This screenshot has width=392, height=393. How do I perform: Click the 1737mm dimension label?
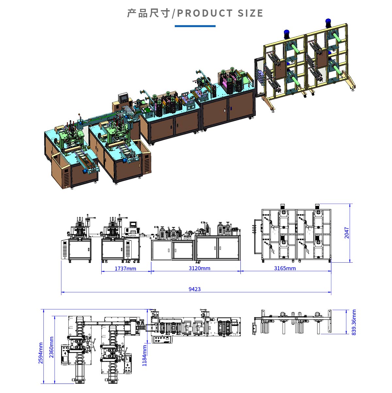coord(125,269)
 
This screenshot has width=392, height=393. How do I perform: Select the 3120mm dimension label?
coord(199,268)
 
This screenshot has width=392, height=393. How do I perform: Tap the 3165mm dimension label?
coord(285,268)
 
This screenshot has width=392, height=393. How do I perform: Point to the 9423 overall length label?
coord(195,289)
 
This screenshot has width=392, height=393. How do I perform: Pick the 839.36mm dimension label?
coord(354,322)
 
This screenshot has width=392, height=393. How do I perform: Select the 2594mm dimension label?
coord(41,353)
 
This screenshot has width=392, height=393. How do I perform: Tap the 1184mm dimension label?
coord(144,355)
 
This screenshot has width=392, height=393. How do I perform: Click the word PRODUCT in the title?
coord(205,13)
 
